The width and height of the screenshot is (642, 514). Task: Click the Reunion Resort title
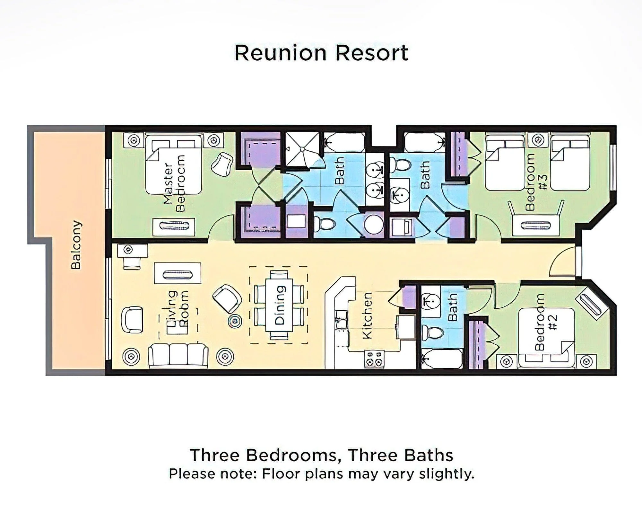[x=322, y=53]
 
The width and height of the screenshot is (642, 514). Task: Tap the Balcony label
[x=76, y=245]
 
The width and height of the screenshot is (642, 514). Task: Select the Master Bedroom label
[x=174, y=183]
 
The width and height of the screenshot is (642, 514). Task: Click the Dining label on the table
[x=280, y=305]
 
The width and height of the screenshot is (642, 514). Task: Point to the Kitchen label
[x=367, y=315]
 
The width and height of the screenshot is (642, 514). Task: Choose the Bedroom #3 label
[x=536, y=182]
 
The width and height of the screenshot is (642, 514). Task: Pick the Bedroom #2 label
[x=546, y=322]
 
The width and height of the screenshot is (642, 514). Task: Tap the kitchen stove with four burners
[x=374, y=359]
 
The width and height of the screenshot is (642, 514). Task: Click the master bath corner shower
[x=302, y=149]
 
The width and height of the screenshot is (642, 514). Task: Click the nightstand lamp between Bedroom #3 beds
[x=538, y=140]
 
